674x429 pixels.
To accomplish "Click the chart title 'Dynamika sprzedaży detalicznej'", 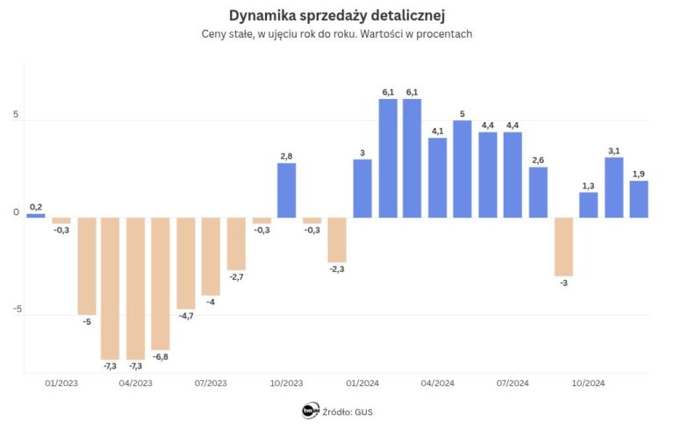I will click(x=337, y=15).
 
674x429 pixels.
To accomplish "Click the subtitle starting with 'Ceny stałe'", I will click(x=337, y=34).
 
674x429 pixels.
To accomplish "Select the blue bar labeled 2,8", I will click(x=287, y=190).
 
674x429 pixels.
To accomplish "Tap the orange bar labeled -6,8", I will click(x=161, y=283).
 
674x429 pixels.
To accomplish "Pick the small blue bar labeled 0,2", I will click(x=36, y=215).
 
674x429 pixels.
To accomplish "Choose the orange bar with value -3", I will click(x=563, y=247).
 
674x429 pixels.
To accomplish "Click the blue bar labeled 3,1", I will click(x=614, y=187).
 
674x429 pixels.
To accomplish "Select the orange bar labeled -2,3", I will click(x=337, y=240).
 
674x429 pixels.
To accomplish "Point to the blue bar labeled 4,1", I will click(x=438, y=177).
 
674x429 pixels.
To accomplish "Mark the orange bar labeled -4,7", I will click(x=186, y=263).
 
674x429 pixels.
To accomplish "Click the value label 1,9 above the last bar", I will click(x=639, y=174).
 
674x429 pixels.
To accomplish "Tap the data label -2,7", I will click(x=236, y=277).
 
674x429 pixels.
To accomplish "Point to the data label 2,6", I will click(x=538, y=160).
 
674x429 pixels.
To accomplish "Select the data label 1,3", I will click(x=588, y=185).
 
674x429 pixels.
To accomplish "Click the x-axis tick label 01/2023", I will click(x=61, y=383).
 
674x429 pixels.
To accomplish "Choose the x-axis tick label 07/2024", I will click(x=513, y=383).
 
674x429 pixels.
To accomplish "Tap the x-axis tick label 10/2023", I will click(x=287, y=383).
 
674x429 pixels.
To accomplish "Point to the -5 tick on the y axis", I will click(x=16, y=309).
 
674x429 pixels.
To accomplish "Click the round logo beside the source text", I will click(x=310, y=411).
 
